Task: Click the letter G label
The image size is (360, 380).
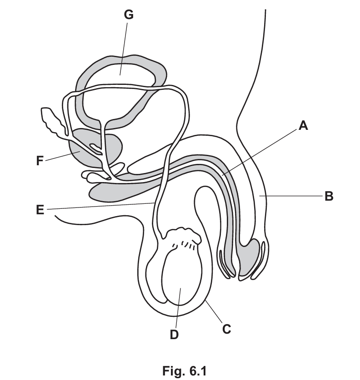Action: click(129, 15)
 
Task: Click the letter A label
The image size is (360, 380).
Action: click(303, 126)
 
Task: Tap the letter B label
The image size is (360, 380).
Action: click(329, 197)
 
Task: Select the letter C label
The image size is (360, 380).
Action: click(226, 328)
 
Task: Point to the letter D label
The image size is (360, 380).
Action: click(175, 335)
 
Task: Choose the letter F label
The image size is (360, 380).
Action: click(40, 160)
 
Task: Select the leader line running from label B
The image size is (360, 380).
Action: click(291, 196)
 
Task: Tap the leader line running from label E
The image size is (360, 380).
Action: click(100, 207)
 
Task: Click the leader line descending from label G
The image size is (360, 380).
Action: click(124, 45)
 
